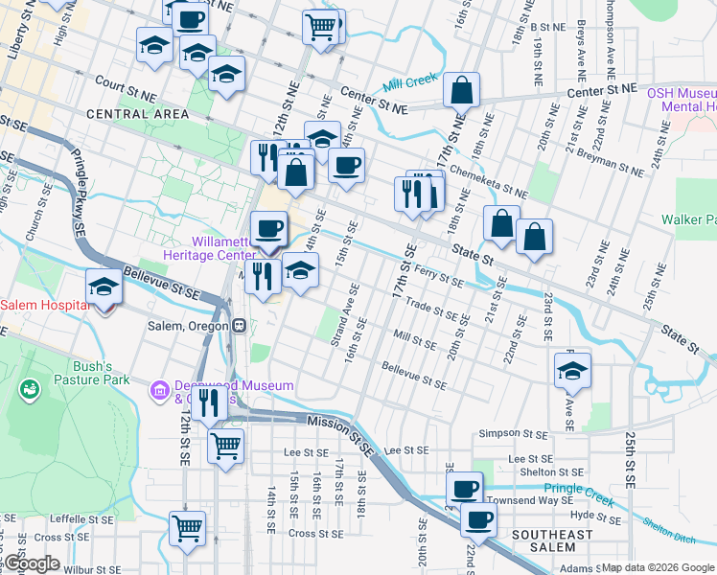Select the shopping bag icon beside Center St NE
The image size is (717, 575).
coord(461,90)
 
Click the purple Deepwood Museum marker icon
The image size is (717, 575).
coord(159,391)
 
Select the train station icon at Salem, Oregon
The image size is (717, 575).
coord(236,325)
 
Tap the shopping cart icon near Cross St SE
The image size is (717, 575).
coord(187,528)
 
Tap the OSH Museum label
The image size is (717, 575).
coord(681,93)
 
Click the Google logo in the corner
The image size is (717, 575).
coord(31,563)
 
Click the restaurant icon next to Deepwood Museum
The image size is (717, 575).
coord(208,405)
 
